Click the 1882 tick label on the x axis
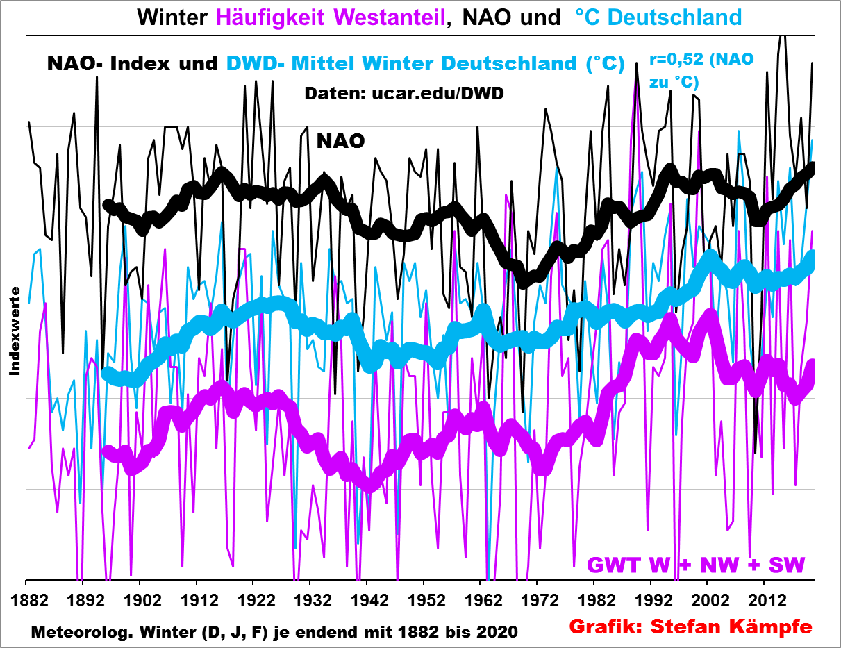(26, 599)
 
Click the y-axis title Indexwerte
(15, 331)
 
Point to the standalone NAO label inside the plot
(340, 141)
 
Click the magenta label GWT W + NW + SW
(697, 565)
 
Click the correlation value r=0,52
(674, 60)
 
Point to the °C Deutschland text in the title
(658, 17)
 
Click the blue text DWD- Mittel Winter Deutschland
(426, 63)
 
